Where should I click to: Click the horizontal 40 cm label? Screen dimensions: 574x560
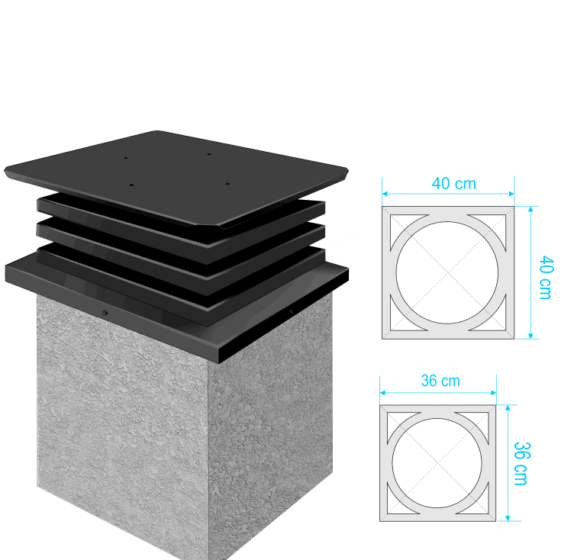(454, 184)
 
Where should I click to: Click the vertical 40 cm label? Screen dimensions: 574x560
(546, 278)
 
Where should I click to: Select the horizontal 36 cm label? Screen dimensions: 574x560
(440, 381)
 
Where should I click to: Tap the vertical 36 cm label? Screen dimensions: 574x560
(521, 464)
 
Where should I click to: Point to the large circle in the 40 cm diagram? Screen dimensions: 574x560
(396, 272)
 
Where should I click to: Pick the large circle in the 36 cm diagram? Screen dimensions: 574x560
(392, 463)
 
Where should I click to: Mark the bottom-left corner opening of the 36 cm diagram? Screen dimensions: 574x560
(396, 504)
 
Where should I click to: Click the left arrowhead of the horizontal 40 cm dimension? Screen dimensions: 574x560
(385, 194)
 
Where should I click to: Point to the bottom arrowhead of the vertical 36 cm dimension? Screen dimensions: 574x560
(508, 518)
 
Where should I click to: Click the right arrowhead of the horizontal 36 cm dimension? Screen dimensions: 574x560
(493, 393)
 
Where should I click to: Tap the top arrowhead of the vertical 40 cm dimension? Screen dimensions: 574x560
(530, 209)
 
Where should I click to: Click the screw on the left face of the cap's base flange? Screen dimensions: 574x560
(105, 313)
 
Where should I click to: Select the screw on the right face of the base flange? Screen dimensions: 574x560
(292, 311)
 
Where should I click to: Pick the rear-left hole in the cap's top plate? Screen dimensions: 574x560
(125, 158)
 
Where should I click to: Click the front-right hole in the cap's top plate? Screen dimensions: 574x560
(227, 184)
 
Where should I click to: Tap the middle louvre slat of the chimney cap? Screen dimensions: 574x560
(181, 242)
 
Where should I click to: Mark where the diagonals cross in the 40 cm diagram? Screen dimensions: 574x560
(448, 272)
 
